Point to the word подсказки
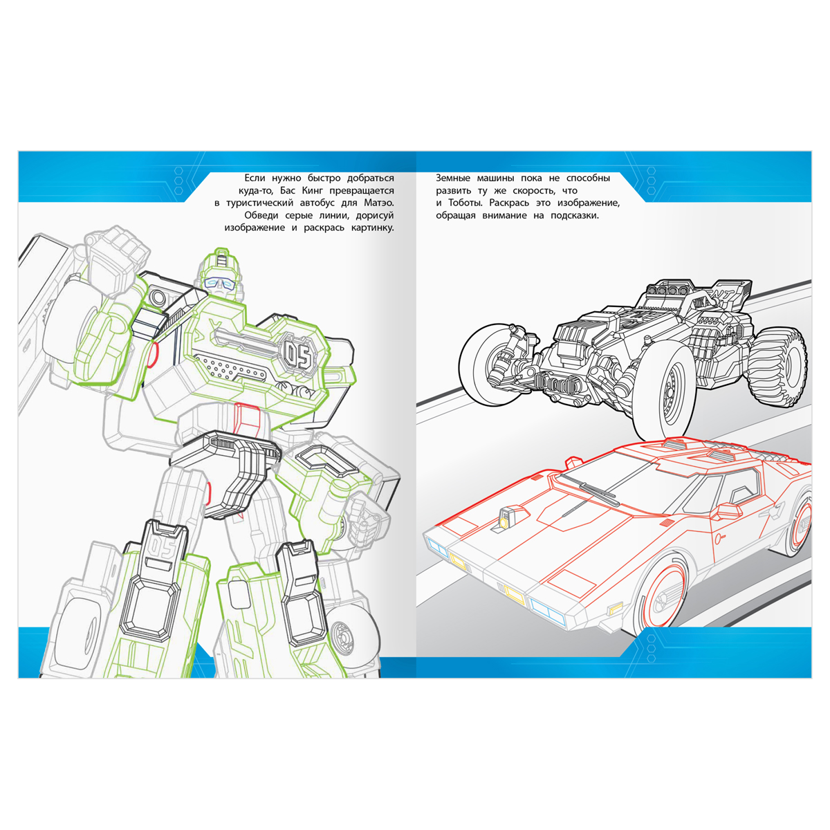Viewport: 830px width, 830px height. click(575, 215)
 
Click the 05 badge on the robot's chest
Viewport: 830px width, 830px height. click(298, 357)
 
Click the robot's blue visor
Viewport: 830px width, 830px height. click(221, 283)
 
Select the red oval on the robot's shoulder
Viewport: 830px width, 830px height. click(151, 355)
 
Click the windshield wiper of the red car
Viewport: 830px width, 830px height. click(590, 491)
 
